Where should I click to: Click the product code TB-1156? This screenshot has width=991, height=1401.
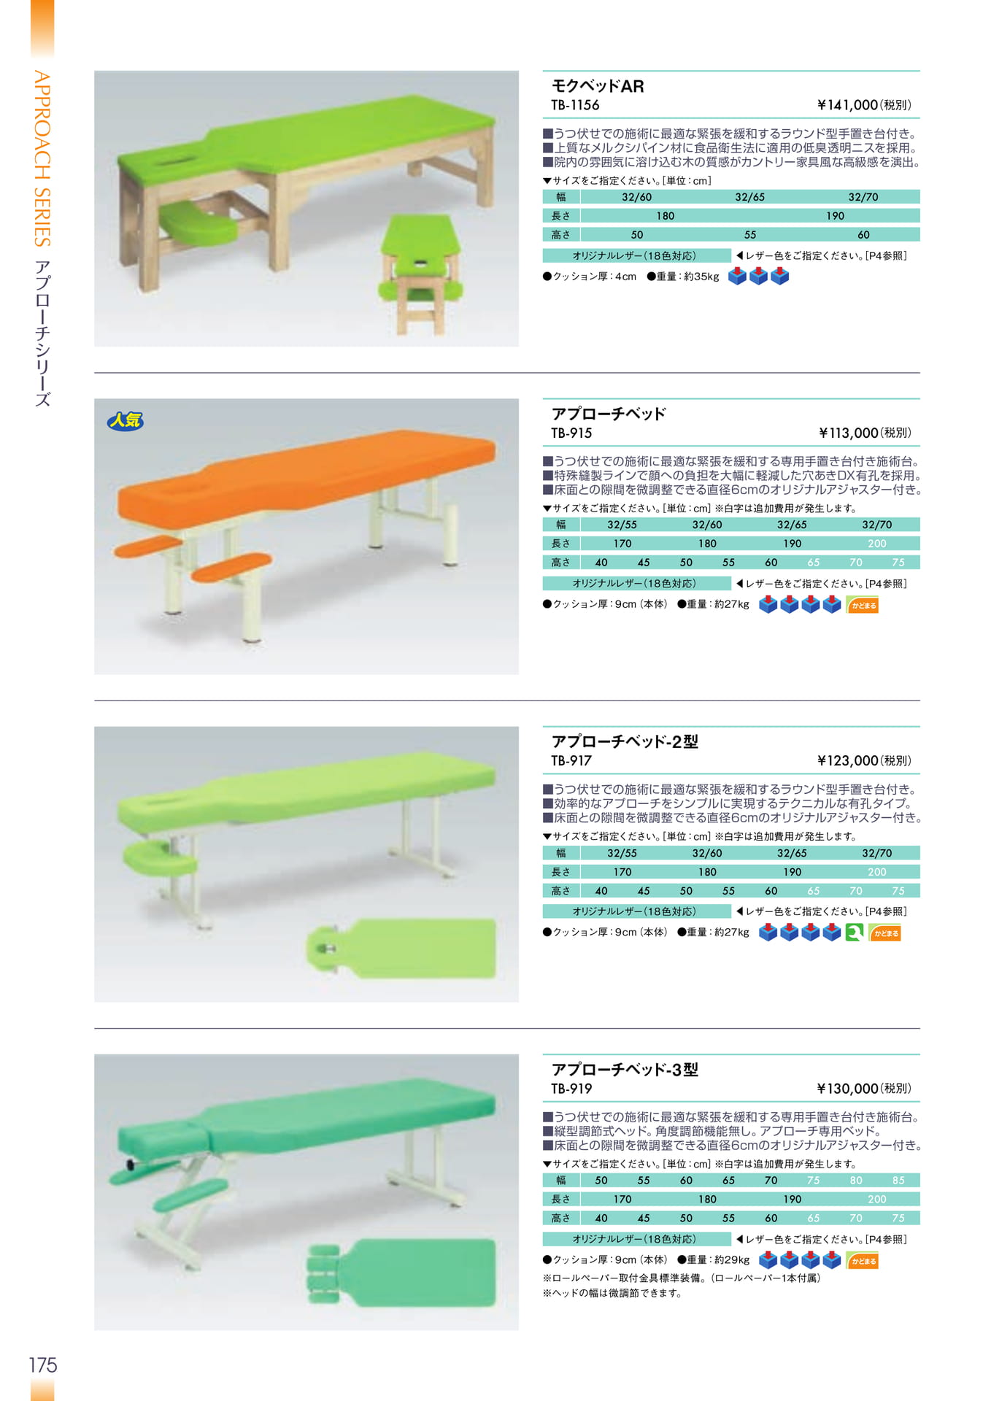click(575, 105)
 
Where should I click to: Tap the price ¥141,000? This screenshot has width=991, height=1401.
click(847, 105)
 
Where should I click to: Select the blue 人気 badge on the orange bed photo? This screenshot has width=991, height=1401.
click(125, 420)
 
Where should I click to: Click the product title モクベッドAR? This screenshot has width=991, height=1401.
click(598, 86)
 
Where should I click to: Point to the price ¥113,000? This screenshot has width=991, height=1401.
click(848, 433)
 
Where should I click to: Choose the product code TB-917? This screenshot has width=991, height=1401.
click(571, 760)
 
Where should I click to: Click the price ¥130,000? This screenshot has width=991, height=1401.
click(847, 1089)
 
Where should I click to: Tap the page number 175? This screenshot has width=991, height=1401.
click(43, 1365)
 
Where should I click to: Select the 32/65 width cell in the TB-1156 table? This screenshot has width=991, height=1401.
click(750, 197)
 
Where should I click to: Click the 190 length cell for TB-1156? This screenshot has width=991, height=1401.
click(836, 216)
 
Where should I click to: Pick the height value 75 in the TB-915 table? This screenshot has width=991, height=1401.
click(898, 563)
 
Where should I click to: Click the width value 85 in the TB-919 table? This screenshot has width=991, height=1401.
click(898, 1181)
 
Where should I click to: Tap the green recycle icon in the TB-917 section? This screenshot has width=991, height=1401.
click(855, 933)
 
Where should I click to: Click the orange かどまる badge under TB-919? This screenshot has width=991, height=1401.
click(863, 1261)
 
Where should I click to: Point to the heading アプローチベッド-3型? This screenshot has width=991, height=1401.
click(625, 1070)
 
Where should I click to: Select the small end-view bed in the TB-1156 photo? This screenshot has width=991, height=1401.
click(420, 274)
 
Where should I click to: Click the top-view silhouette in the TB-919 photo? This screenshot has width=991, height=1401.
click(401, 1273)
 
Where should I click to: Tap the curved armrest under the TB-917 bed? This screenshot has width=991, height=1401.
click(158, 859)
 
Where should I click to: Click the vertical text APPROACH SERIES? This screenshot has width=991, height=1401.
click(42, 159)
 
